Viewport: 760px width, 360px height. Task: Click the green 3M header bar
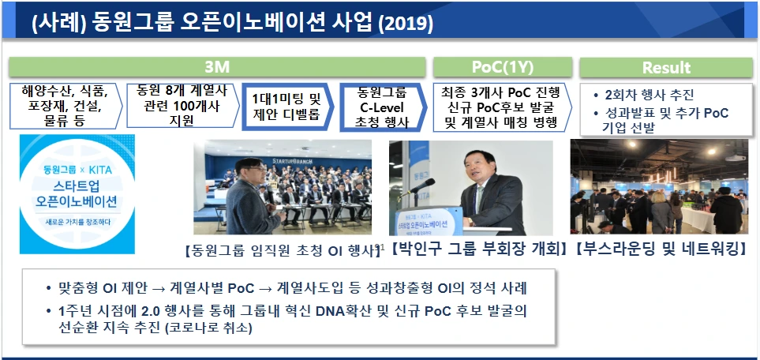217,67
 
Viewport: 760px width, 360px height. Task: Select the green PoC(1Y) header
502,67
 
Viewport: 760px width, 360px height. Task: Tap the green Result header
666,67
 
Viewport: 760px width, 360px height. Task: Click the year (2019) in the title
406,23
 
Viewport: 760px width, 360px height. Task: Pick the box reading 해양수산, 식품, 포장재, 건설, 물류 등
65,106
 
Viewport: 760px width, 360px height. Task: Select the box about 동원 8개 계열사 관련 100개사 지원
182,105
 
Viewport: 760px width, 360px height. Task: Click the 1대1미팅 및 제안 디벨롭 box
287,107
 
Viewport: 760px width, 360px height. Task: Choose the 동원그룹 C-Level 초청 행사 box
383,107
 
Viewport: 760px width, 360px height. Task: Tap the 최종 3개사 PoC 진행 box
501,107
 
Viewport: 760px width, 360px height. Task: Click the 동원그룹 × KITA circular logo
77,194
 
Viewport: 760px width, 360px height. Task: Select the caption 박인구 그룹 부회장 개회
479,249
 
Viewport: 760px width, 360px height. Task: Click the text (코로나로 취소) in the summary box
208,328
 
